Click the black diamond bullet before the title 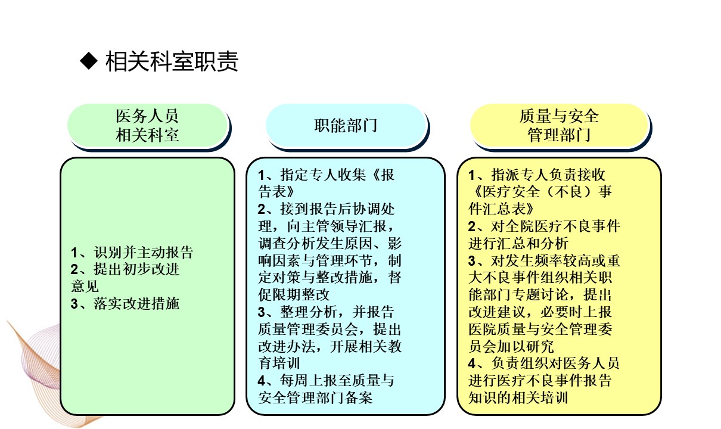point(89,61)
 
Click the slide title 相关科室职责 point(172,61)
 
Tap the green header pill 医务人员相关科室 point(147,126)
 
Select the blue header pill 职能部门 point(346,126)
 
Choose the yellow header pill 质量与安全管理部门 point(560,126)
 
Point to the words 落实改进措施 point(136,303)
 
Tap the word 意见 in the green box point(85,286)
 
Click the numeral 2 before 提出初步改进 point(74,269)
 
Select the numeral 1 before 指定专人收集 point(262,175)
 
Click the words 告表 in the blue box point(276,192)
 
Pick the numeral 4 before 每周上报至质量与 point(262,381)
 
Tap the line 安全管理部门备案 point(315,398)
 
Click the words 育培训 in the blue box point(279,363)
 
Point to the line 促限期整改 point(294,294)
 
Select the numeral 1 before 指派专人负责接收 point(472,175)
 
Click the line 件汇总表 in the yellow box point(501,209)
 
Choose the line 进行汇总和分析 point(518,243)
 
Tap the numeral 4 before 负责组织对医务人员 point(472,363)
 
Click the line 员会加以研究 point(511,346)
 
